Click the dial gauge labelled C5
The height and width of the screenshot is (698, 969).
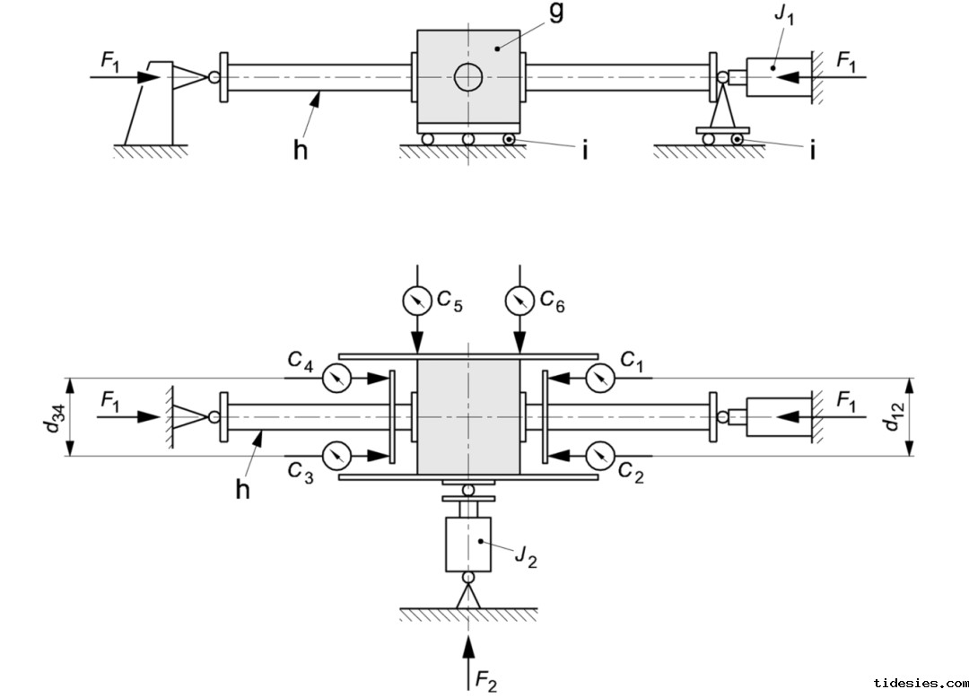pyautogui.click(x=416, y=300)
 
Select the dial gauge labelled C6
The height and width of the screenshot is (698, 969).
pyautogui.click(x=519, y=300)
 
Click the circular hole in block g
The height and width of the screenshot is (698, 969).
pyautogui.click(x=467, y=78)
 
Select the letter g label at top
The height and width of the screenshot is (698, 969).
pyautogui.click(x=554, y=15)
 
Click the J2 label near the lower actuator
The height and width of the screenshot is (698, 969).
pyautogui.click(x=525, y=556)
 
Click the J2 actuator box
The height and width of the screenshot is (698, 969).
pyautogui.click(x=467, y=543)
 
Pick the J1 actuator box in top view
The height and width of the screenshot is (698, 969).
pyautogui.click(x=774, y=78)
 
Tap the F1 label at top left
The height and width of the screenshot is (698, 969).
pyautogui.click(x=111, y=61)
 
